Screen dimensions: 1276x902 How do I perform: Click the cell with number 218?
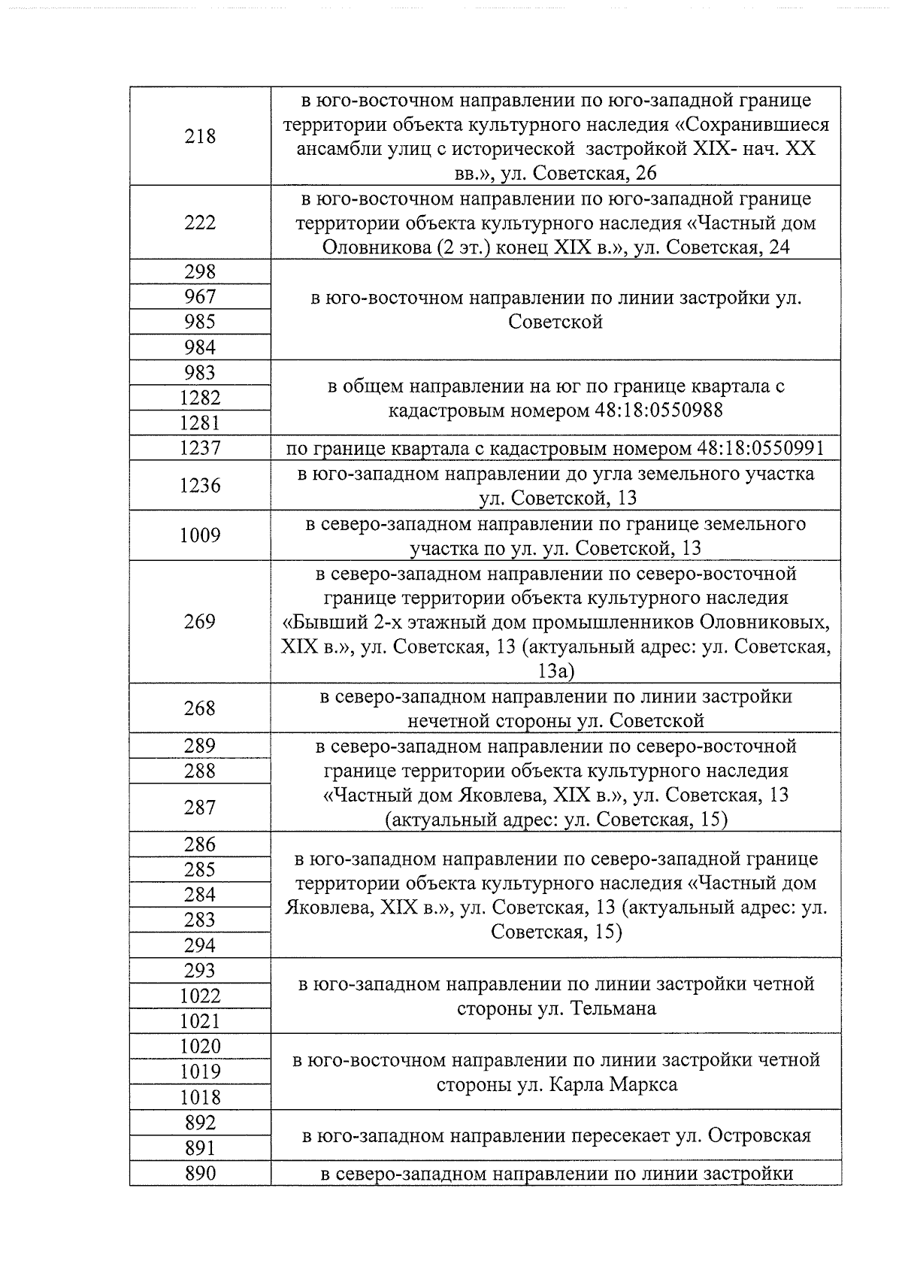[x=200, y=137]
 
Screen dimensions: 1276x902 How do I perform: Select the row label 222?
[x=200, y=223]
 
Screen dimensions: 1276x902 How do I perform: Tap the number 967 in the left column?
[x=200, y=297]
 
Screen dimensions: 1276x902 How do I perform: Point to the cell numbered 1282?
[x=200, y=398]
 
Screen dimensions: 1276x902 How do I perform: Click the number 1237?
[x=200, y=448]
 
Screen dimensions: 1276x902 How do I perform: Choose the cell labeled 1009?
[x=200, y=535]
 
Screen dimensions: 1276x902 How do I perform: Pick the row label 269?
[x=200, y=622]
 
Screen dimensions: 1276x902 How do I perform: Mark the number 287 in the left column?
[x=200, y=808]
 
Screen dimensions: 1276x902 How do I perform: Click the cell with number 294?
[x=200, y=945]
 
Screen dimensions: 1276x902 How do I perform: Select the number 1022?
[x=200, y=996]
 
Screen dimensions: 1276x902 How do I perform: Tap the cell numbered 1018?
[x=200, y=1097]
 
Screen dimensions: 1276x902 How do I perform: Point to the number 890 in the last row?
[x=200, y=1173]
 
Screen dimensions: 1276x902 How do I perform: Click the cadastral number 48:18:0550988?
[x=649, y=411]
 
